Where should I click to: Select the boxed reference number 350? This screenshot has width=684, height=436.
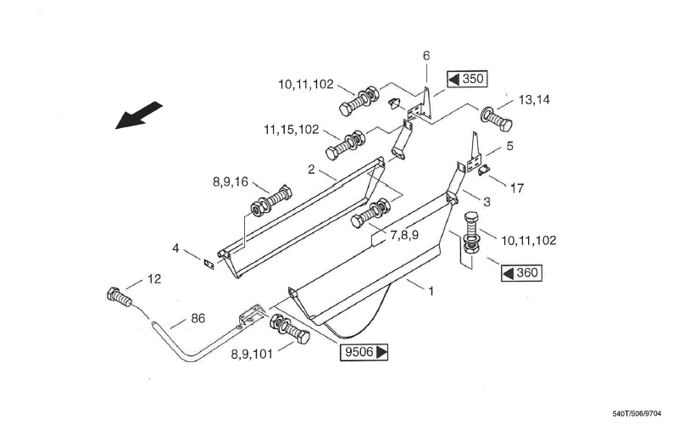466,79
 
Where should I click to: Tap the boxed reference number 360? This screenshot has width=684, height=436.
520,272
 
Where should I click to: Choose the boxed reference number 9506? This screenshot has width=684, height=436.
364,352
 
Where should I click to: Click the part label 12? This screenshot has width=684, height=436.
153,278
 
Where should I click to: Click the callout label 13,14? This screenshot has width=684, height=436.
534,99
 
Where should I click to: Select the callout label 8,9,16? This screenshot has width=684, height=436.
230,181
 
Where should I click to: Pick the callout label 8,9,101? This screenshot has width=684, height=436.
252,355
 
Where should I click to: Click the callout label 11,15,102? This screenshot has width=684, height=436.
292,130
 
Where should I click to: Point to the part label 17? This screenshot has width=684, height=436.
516,188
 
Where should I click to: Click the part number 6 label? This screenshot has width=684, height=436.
426,55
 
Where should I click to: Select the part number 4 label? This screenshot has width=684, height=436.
175,249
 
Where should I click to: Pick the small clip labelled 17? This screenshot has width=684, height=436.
484,171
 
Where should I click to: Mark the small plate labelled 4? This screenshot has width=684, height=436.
207,261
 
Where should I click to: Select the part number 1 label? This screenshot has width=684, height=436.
431,291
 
